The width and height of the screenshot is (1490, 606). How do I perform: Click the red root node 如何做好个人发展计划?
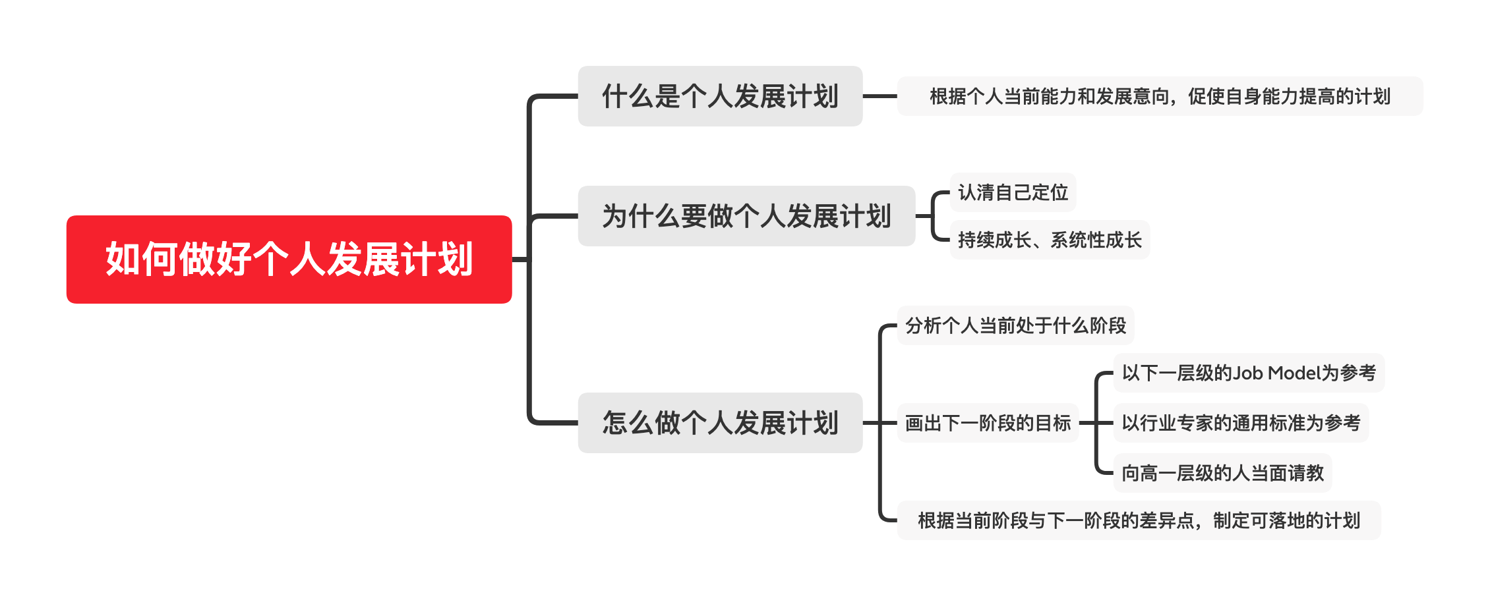coord(289,260)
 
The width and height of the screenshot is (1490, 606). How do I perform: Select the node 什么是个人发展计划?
coord(720,96)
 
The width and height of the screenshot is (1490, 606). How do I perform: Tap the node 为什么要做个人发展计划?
coord(746,216)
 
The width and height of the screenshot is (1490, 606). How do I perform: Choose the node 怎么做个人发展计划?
coord(720,423)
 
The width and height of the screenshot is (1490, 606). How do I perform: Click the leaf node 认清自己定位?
coord(1013,192)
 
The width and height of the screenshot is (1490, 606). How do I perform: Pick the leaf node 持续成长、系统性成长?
coord(1050,240)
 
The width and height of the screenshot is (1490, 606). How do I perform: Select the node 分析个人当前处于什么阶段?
coord(1015,325)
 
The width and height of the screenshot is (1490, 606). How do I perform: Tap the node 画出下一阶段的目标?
coord(988,423)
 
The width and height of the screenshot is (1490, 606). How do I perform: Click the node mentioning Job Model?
coord(1249,373)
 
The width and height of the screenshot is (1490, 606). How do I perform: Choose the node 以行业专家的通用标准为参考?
coord(1241,423)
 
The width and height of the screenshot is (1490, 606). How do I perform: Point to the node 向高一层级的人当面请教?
coord(1222,473)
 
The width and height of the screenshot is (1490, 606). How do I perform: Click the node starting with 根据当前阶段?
coord(1139,520)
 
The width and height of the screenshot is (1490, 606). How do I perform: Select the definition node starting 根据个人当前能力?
coord(1160,96)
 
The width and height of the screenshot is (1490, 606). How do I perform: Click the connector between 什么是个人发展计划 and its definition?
coord(879,96)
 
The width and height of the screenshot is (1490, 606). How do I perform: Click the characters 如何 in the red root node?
coord(141,260)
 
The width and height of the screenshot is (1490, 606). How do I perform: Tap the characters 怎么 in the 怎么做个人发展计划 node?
coord(628,423)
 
